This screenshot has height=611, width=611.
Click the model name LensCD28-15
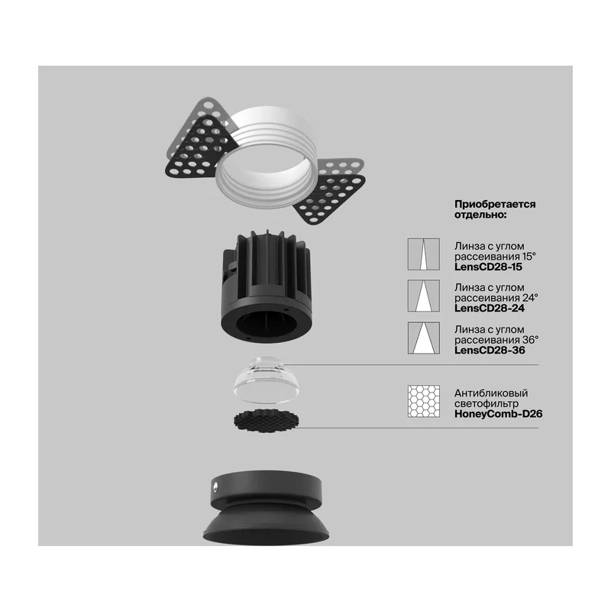488,267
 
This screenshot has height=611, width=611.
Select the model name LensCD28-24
490,309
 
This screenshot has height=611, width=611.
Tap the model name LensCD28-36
490,350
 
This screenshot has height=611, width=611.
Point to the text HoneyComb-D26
499,414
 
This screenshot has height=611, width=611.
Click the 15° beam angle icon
424,254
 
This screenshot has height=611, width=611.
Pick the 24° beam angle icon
424,296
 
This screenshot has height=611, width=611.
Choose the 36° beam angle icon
424,338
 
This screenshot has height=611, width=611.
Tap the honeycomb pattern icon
424,402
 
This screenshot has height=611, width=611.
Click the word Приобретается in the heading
495,204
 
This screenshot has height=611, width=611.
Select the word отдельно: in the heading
480,215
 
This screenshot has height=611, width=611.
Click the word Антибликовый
491,393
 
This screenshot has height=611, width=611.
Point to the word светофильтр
487,404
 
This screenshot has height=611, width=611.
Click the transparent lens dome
267,379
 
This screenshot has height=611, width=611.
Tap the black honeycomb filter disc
267,421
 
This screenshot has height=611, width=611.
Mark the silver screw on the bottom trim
215,486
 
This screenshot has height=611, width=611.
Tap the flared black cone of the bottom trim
266,524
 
